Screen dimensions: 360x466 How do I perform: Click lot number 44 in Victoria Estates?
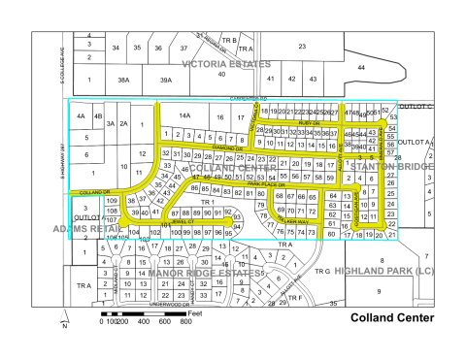click(361, 67)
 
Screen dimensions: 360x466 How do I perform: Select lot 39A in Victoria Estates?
click(166, 81)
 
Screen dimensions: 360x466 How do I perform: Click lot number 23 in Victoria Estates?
click(301, 46)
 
